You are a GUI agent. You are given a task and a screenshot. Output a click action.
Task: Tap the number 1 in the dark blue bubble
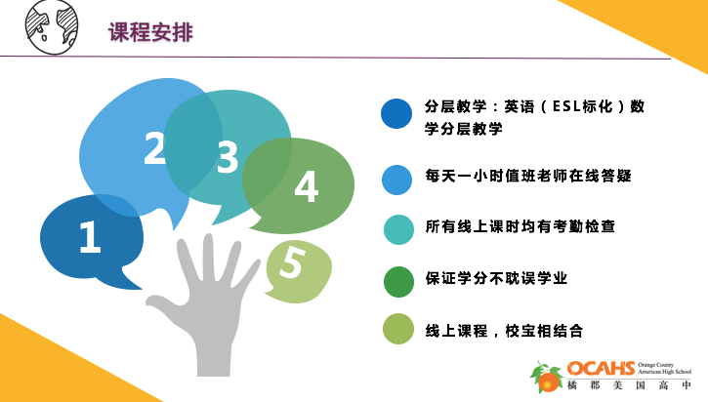tap(90, 238)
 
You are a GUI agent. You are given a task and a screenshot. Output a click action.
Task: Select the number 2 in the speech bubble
tap(154, 148)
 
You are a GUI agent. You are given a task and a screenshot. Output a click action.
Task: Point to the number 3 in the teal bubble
tap(227, 158)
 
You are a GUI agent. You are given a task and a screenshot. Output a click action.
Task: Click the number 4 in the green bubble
tap(306, 187)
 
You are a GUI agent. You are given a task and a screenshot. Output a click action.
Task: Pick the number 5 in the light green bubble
tap(291, 263)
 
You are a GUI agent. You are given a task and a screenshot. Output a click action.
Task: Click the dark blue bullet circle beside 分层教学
tap(396, 114)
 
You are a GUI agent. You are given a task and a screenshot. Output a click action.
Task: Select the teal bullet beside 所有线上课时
tap(397, 229)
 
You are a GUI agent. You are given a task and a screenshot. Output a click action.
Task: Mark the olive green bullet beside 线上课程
tap(397, 330)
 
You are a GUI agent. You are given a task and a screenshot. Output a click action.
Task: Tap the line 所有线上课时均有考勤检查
tap(520, 227)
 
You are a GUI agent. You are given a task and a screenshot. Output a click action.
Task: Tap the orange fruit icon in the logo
tap(549, 380)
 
